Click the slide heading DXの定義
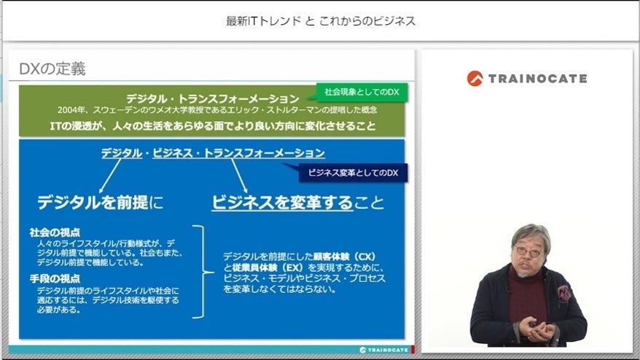click(x=52, y=69)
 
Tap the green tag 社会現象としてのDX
click(x=362, y=93)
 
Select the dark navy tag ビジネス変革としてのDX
click(x=352, y=173)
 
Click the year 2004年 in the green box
click(x=71, y=110)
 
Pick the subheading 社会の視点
click(x=55, y=232)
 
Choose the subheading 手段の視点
click(x=55, y=279)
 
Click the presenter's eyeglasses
click(x=530, y=251)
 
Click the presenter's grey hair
click(x=530, y=232)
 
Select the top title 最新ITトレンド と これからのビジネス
click(x=321, y=21)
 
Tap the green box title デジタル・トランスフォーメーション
click(x=213, y=98)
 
